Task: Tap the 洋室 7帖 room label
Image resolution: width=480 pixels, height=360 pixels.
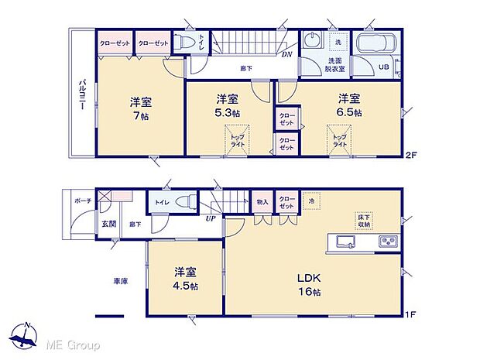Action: click(x=139, y=107)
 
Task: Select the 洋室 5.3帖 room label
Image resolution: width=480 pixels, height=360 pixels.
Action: click(x=227, y=106)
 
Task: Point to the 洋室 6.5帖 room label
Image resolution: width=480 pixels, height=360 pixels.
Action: click(x=348, y=105)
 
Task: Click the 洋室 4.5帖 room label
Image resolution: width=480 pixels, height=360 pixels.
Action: click(x=184, y=279)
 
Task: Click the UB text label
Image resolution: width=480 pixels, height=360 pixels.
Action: click(x=382, y=67)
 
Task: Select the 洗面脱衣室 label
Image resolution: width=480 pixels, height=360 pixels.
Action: click(x=336, y=64)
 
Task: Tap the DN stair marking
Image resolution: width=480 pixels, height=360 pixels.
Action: click(x=286, y=56)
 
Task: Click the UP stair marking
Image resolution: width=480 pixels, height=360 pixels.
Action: click(x=211, y=219)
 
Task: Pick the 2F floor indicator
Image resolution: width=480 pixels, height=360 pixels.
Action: click(x=411, y=155)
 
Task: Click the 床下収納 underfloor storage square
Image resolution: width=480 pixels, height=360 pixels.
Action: click(x=363, y=218)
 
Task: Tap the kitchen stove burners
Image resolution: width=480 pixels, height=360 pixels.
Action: click(x=387, y=242)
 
